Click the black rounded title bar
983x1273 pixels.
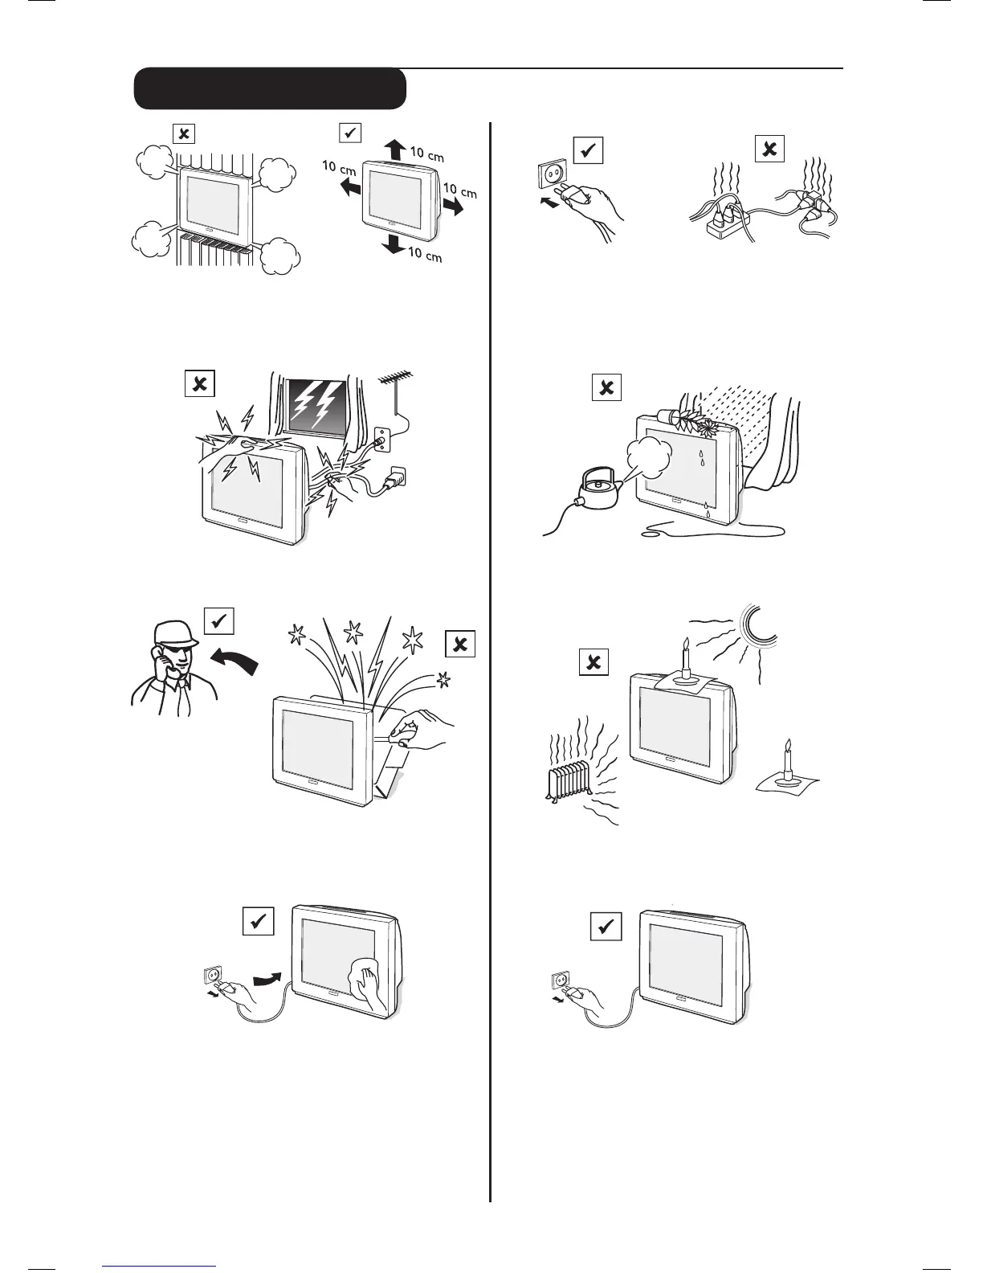click(269, 88)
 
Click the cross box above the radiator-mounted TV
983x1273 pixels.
click(184, 133)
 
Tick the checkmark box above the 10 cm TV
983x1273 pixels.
click(351, 133)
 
